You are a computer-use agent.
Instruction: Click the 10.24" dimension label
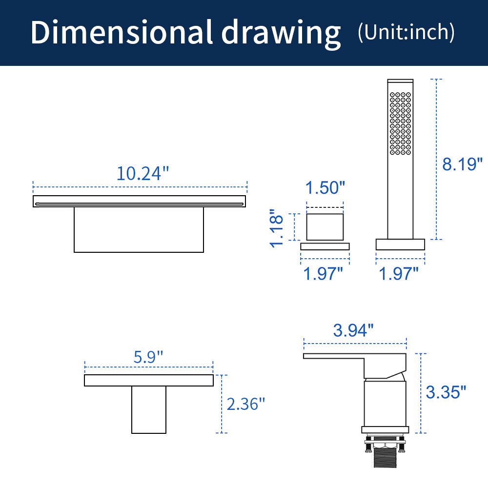(142, 173)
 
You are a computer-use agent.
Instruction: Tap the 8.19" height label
(462, 164)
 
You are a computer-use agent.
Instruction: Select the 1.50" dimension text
(325, 188)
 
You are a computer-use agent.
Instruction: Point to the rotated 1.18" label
(276, 228)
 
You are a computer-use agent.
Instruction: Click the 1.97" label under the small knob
(323, 274)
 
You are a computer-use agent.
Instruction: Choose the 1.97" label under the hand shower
(398, 274)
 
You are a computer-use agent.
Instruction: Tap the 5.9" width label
(148, 357)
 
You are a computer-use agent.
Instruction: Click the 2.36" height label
(245, 404)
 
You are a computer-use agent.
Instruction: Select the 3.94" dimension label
(353, 330)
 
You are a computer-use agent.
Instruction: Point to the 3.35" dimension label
(446, 392)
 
